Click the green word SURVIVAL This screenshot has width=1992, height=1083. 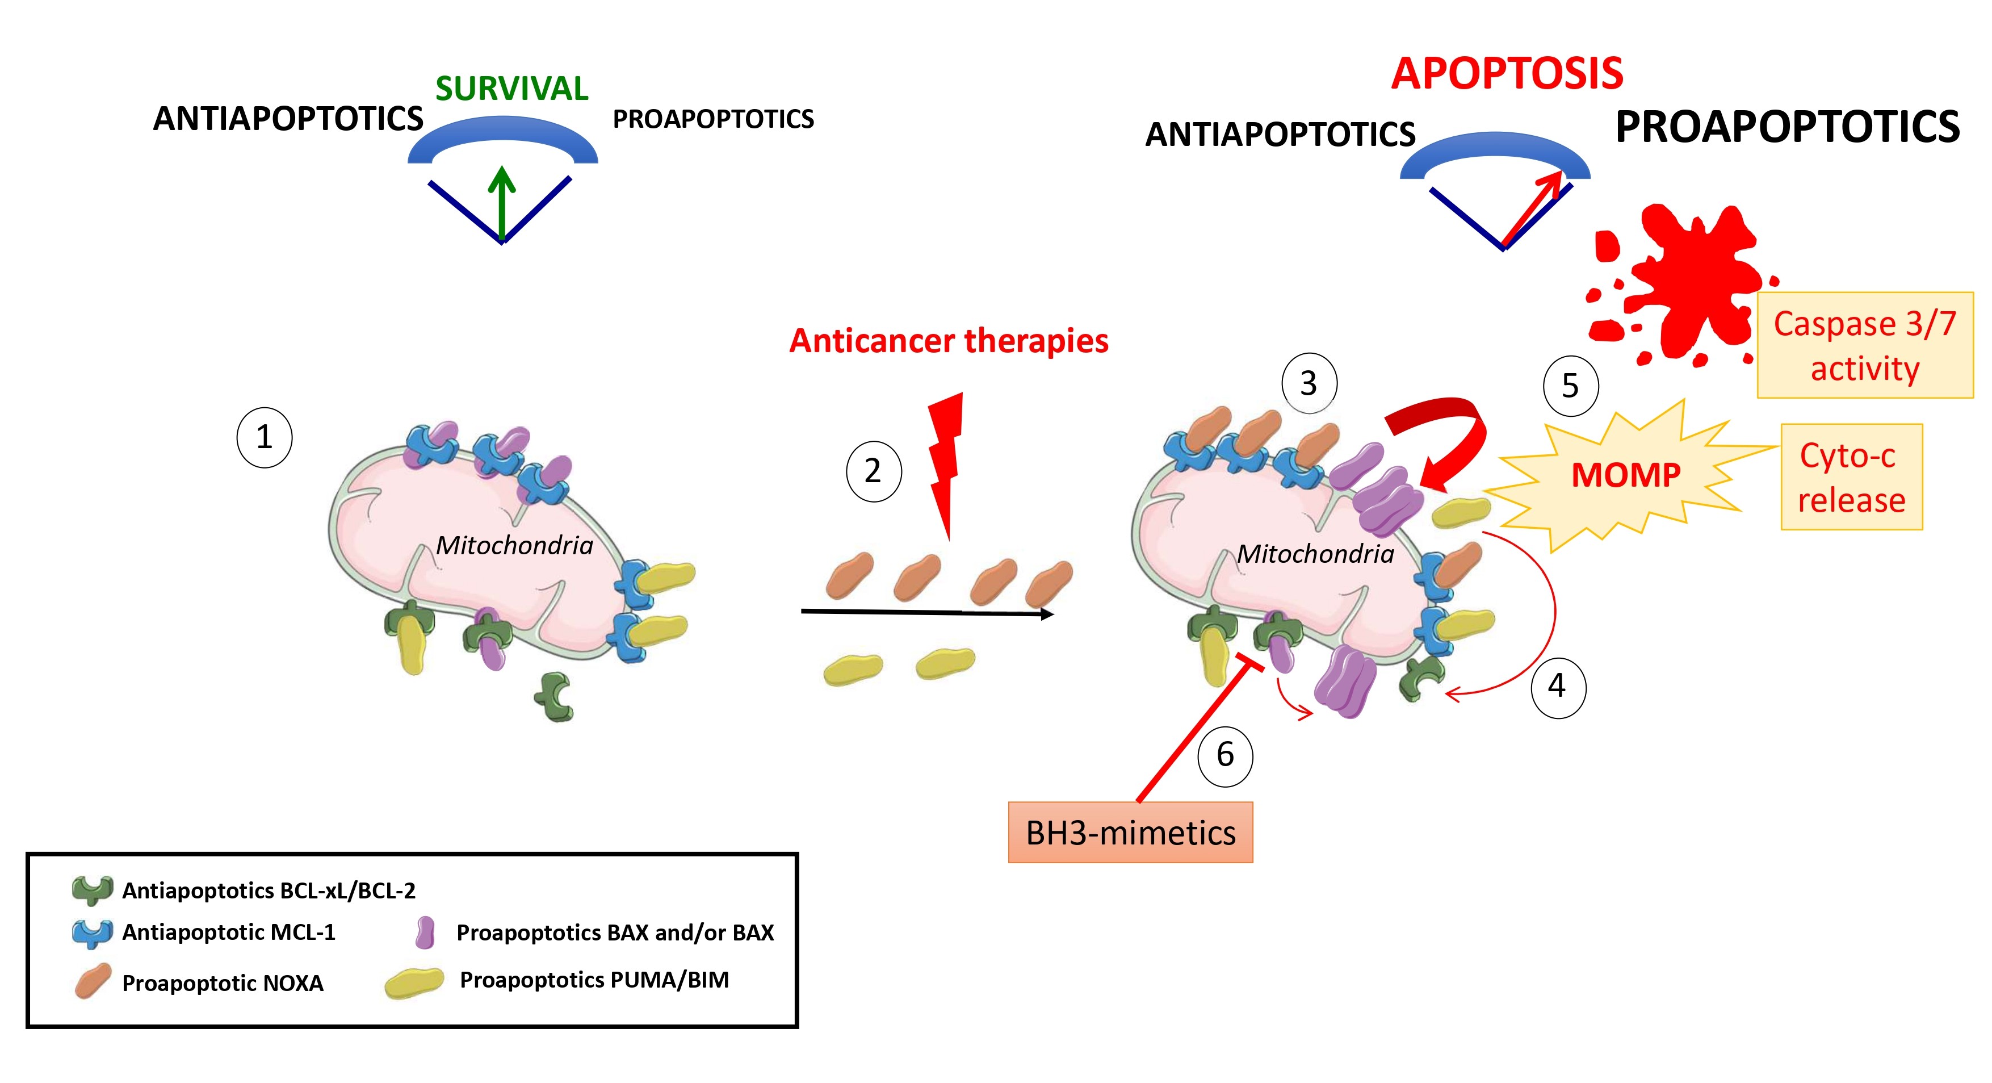pyautogui.click(x=511, y=89)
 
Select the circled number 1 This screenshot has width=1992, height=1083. pyautogui.click(x=265, y=438)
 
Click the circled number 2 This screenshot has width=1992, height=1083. pyautogui.click(x=873, y=471)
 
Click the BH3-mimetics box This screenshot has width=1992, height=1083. pyautogui.click(x=1130, y=833)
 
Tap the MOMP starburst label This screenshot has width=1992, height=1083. pyautogui.click(x=1625, y=475)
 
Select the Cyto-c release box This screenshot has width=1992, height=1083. pyautogui.click(x=1851, y=477)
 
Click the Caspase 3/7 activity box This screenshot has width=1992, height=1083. pyautogui.click(x=1864, y=346)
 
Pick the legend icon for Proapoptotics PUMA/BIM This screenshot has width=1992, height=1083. pyautogui.click(x=414, y=982)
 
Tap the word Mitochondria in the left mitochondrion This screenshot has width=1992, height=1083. pyautogui.click(x=514, y=545)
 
